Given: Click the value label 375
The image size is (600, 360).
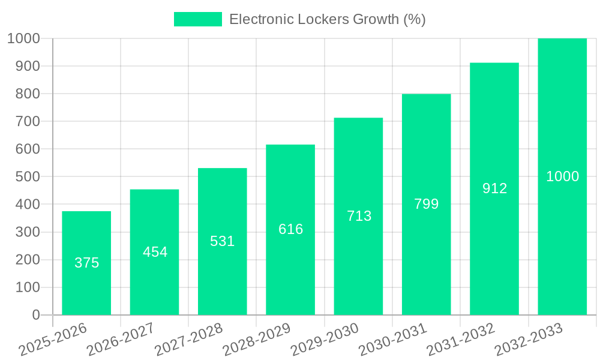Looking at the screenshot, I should [86, 263].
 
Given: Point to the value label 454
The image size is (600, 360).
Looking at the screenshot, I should [155, 252].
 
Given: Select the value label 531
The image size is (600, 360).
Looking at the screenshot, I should [223, 241].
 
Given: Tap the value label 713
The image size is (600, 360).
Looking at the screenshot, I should [359, 216].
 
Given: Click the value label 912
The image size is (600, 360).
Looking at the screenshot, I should [494, 188].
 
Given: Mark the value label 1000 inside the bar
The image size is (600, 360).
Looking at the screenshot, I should [562, 176].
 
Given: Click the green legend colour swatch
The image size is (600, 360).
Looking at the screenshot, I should [197, 19].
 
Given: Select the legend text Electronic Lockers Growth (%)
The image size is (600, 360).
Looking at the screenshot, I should [328, 19].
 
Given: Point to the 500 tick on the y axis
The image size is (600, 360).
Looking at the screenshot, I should [23, 177].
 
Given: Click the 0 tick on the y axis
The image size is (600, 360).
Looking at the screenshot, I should [35, 315].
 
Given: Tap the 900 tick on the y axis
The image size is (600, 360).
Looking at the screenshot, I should [23, 66].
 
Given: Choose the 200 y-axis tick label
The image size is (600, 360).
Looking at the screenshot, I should [23, 260].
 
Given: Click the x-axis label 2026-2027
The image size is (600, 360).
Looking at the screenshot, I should [121, 340].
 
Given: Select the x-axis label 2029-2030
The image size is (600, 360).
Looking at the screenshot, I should [325, 340].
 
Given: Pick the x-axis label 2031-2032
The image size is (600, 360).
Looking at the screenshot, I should [461, 340].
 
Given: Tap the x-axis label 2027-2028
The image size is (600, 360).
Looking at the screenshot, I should [188, 340].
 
